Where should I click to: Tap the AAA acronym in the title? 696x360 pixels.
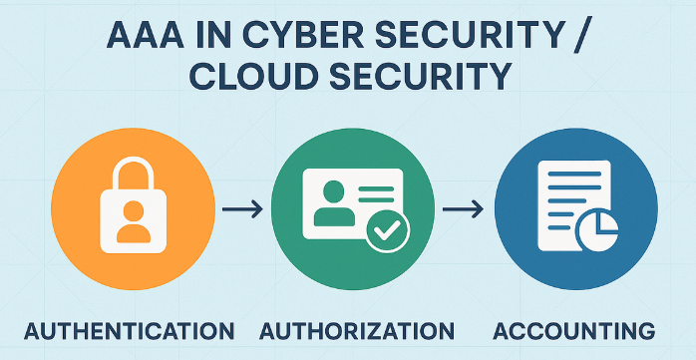pos(145,38)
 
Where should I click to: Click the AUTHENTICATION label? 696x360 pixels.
pos(129,332)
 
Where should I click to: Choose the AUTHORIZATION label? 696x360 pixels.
pos(357,332)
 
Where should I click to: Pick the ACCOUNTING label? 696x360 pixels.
pos(574,332)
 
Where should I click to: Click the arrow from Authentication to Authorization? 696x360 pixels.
pos(242,209)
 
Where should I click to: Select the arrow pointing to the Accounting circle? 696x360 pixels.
pos(463,209)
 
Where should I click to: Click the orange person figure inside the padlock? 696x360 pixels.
pos(134,221)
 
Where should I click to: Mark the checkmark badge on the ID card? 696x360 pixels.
pos(387,230)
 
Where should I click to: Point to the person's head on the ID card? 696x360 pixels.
pos(334,191)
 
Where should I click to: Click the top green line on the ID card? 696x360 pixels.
pos(376,188)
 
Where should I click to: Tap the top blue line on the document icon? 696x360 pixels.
pos(574,174)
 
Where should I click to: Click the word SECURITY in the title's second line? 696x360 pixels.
pos(420,77)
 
